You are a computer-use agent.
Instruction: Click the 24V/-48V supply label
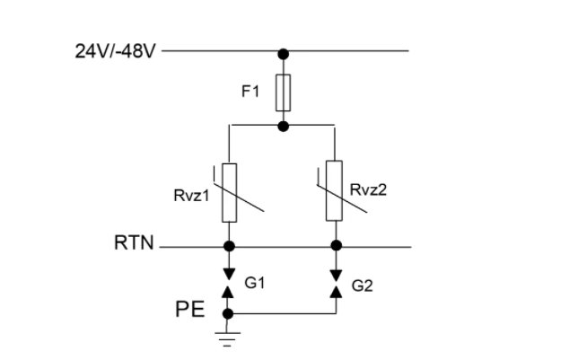pos(116,51)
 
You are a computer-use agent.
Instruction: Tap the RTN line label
pos(134,242)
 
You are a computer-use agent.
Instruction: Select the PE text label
pos(190,309)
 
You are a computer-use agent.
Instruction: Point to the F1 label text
pos(250,91)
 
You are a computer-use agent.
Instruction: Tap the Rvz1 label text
pos(191,196)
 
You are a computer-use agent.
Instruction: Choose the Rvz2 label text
pos(368,189)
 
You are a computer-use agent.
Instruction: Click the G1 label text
pos(255,283)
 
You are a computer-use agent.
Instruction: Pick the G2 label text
pos(362,285)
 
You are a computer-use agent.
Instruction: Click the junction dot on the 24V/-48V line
pos(283,54)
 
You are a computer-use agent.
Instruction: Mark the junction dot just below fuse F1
pos(283,127)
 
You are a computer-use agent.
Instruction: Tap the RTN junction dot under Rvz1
pos(229,246)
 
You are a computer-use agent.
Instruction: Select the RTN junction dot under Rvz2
pos(337,245)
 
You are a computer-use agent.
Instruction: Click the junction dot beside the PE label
pos(228,314)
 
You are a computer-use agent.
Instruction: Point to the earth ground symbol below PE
pos(227,339)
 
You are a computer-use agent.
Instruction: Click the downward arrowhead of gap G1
pos(229,275)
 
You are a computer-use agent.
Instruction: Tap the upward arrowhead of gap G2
pos(336,292)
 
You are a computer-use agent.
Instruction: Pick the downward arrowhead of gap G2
pos(336,276)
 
